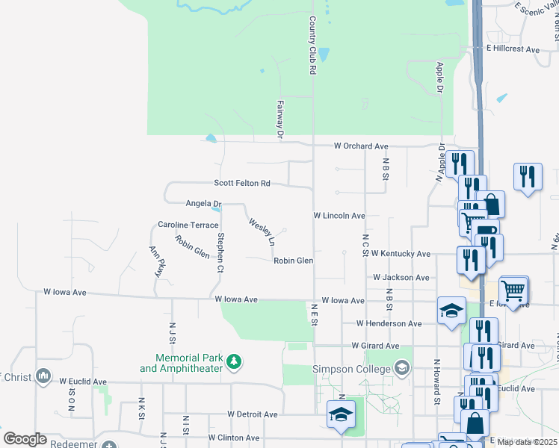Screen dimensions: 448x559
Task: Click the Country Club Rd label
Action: tap(312, 46)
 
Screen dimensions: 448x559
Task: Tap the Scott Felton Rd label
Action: tap(241, 183)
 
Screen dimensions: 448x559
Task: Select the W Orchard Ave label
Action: tap(361, 146)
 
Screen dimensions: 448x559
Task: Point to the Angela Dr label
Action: tap(204, 203)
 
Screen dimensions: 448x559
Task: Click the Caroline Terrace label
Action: tap(188, 225)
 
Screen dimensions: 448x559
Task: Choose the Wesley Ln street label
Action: tap(262, 232)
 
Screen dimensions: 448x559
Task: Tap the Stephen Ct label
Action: tap(220, 252)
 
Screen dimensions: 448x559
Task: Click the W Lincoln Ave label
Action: tap(339, 216)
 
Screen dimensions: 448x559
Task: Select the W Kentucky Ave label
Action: tap(401, 254)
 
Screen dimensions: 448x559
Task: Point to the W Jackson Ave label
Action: tap(401, 277)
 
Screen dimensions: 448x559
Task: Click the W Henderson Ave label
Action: tap(389, 323)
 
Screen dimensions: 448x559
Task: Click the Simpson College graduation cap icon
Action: tap(402, 367)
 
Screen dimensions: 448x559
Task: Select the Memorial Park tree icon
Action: tap(235, 362)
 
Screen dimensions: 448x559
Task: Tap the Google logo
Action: tap(25, 439)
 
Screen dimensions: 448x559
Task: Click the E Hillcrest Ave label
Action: tap(513, 49)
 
